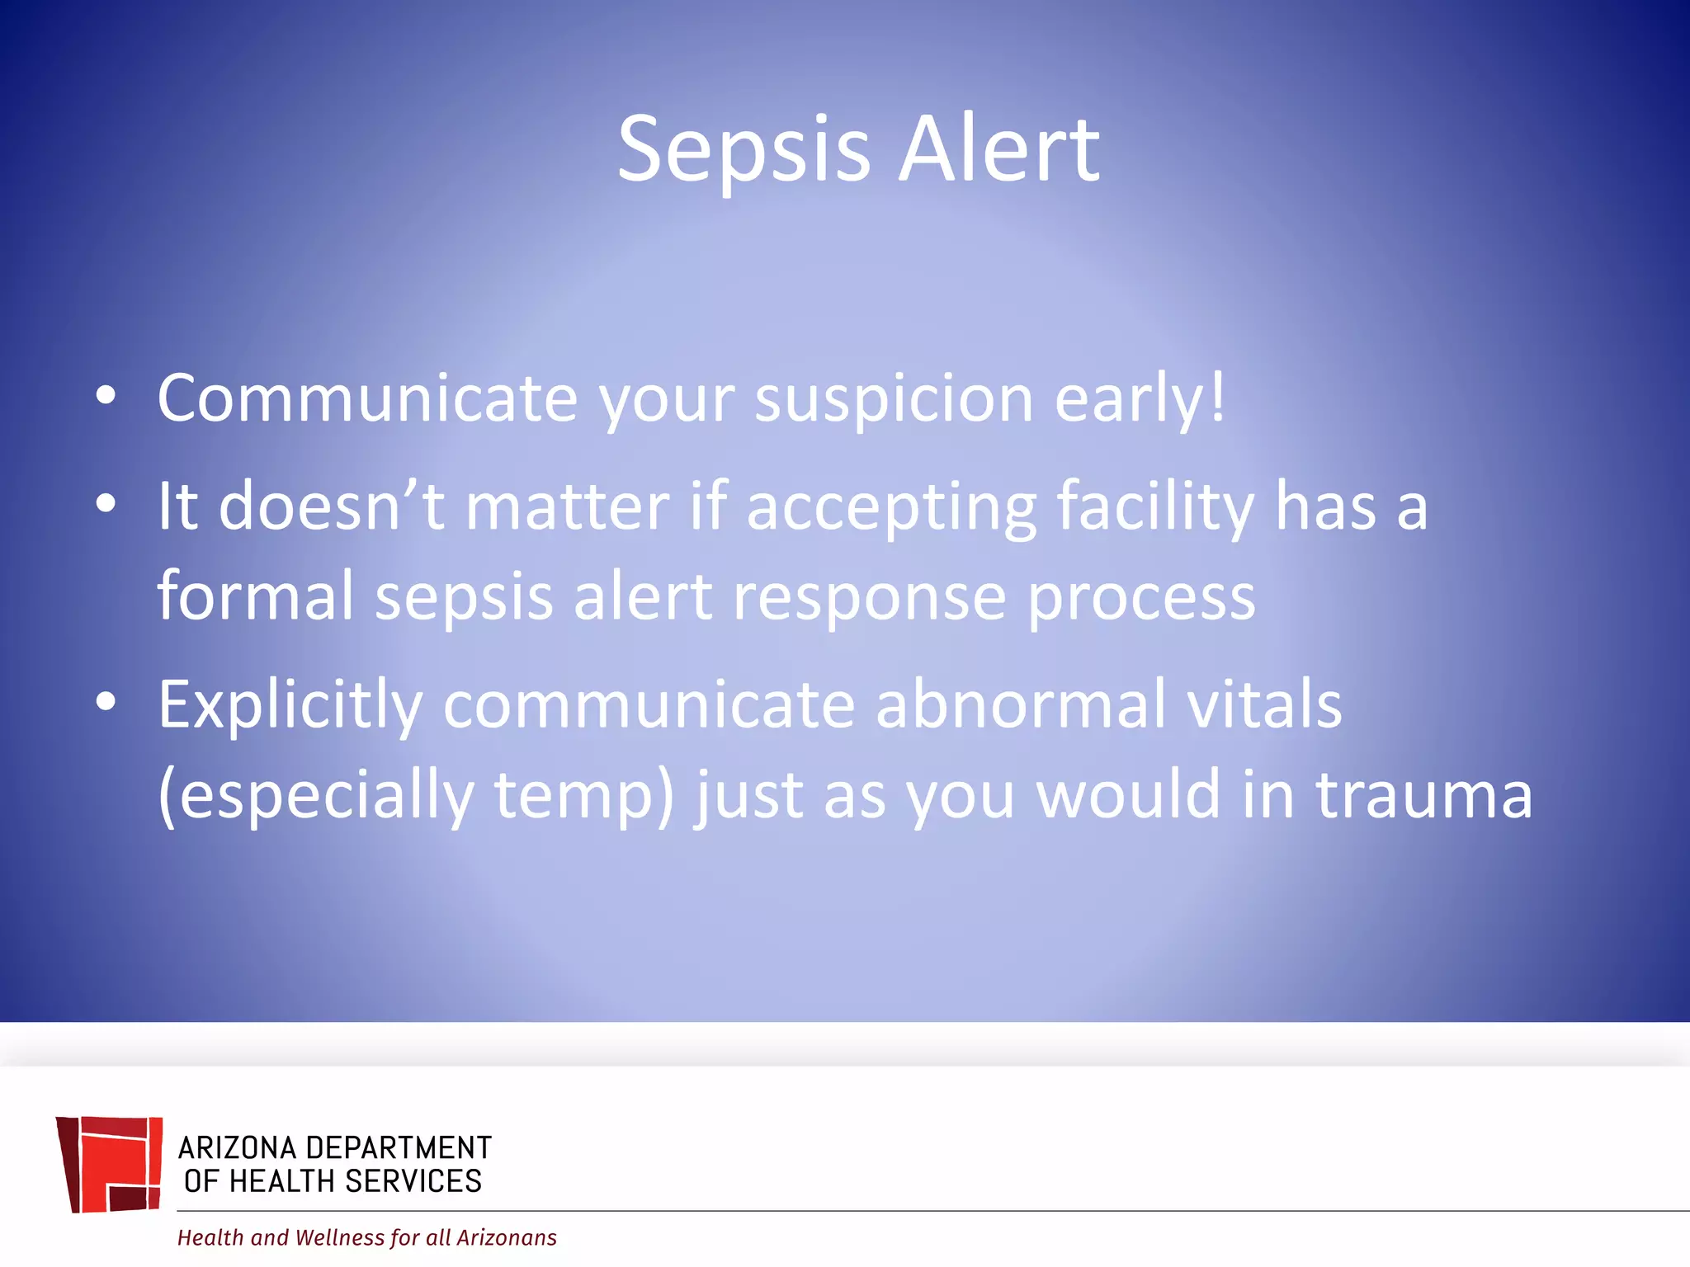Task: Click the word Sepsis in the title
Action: click(744, 151)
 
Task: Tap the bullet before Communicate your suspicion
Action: click(106, 396)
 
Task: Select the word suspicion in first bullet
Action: click(894, 399)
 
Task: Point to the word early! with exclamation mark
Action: click(1140, 399)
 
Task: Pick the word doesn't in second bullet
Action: click(332, 506)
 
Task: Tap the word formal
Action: click(256, 596)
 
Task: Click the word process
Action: click(1141, 598)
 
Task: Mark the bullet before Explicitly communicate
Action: click(106, 702)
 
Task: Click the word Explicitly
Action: click(290, 706)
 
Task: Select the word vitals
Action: click(1264, 704)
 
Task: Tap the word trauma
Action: click(1424, 795)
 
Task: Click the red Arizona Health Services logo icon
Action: click(110, 1164)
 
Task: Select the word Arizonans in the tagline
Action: click(507, 1237)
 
